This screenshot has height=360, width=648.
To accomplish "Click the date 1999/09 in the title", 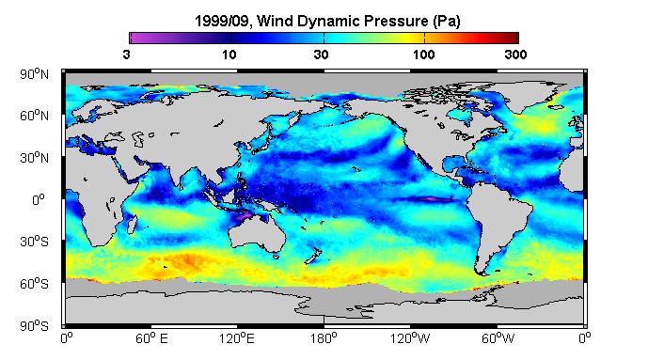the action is (x=222, y=21).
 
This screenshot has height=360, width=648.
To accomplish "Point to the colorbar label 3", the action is (x=126, y=55).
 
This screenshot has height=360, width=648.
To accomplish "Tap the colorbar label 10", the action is (x=229, y=55).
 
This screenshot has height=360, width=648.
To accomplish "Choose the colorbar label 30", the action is (x=321, y=55).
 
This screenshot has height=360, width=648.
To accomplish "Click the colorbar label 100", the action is (x=423, y=55).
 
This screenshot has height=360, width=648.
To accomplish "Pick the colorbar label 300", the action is (x=515, y=55).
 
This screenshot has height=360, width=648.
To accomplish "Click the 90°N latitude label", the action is (x=34, y=74).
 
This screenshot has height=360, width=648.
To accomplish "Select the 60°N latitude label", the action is (x=34, y=116).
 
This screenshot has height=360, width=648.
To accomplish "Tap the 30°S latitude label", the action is (x=34, y=242).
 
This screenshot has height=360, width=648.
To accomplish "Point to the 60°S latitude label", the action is (x=34, y=284).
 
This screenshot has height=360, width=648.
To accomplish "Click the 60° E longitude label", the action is (x=151, y=338).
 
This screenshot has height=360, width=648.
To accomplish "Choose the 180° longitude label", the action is (x=324, y=338).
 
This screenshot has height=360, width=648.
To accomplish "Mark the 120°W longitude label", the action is (x=410, y=338).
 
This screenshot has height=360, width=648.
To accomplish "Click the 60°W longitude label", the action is (x=498, y=338).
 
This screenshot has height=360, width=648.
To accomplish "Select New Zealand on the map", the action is (x=313, y=255).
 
